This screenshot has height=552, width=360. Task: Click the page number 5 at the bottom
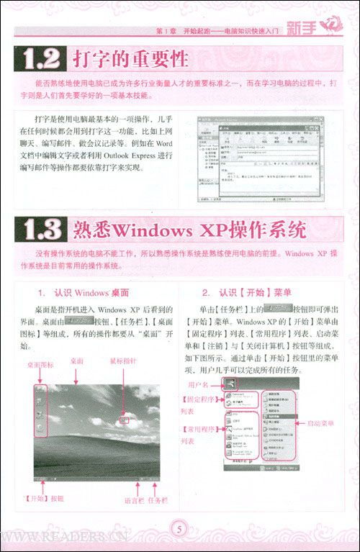180,530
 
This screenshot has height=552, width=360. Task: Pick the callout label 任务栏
158,500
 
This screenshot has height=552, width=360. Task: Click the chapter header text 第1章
166,30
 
